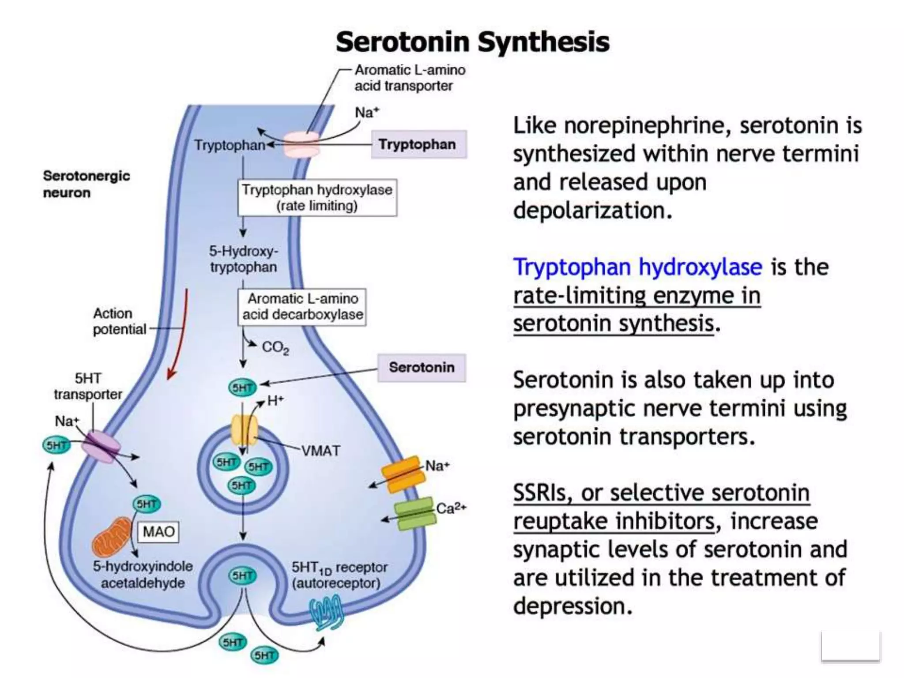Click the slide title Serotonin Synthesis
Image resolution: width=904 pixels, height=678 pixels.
(x=472, y=42)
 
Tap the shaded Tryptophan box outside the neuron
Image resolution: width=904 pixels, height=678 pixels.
(x=418, y=144)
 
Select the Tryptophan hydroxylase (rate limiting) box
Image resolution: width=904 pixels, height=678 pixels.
(x=317, y=198)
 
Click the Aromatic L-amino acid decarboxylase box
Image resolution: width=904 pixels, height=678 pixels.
(x=302, y=307)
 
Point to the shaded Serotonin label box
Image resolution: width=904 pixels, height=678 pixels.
(x=422, y=367)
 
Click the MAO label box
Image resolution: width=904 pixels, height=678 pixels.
(x=158, y=531)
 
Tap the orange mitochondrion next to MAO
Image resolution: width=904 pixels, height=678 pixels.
(x=111, y=537)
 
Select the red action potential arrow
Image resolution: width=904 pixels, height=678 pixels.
(x=180, y=335)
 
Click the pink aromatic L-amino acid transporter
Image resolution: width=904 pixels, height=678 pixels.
(x=301, y=145)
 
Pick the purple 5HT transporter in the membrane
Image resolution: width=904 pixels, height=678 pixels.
(x=101, y=447)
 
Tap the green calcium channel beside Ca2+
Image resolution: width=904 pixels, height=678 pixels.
(x=414, y=513)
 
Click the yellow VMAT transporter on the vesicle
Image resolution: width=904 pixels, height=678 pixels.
(x=244, y=429)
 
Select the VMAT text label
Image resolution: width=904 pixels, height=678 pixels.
(x=321, y=451)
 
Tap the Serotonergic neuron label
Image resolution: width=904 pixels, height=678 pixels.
(x=86, y=184)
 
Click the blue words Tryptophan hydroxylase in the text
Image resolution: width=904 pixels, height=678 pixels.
(x=637, y=267)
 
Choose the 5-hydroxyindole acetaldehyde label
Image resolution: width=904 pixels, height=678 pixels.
(x=143, y=574)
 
